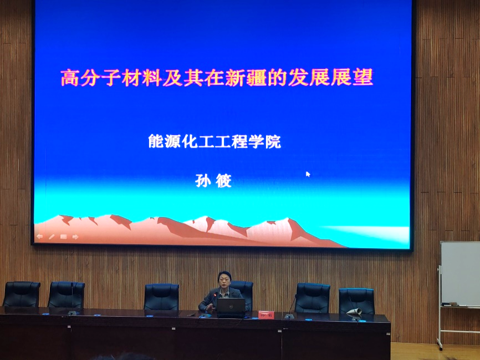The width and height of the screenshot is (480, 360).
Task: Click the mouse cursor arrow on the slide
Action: tap(308, 174)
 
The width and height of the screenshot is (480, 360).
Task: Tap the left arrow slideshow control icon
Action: tap(39, 236)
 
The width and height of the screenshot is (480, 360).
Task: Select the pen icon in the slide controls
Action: tap(52, 236)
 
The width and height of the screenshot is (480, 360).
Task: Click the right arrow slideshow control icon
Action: tap(75, 236)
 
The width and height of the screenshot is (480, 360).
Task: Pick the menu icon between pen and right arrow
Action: tap(63, 236)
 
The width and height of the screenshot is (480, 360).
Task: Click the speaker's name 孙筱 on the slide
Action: tap(213, 181)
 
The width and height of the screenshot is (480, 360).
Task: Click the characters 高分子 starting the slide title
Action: tap(90, 78)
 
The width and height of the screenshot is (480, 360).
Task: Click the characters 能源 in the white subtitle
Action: tap(165, 141)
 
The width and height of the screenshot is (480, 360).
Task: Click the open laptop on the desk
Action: tap(231, 307)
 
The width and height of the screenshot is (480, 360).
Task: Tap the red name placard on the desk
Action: tap(266, 315)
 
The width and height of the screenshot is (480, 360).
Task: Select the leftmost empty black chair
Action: tap(22, 294)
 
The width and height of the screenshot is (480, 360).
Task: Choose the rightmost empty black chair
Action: tap(356, 301)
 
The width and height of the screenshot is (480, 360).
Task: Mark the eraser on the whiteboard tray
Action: tap(453, 304)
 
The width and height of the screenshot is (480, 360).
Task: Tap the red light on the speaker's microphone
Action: tap(215, 295)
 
